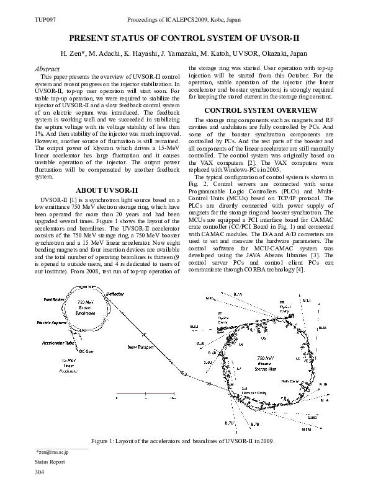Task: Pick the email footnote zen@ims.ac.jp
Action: [53, 453]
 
